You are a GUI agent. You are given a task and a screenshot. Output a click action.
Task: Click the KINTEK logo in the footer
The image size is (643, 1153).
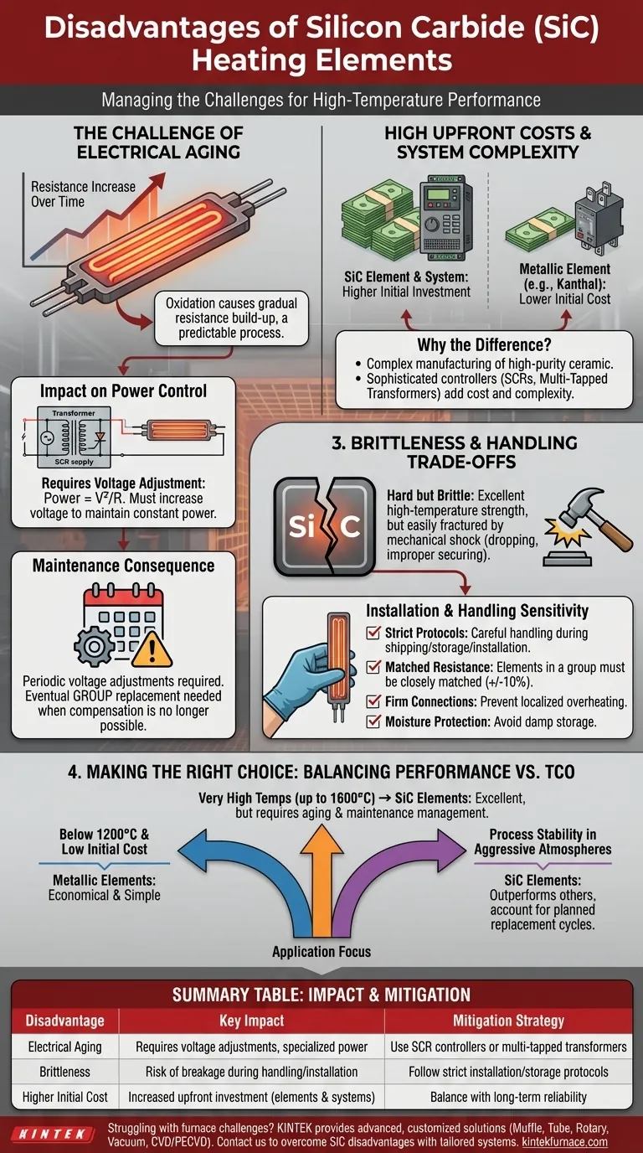coord(53,1135)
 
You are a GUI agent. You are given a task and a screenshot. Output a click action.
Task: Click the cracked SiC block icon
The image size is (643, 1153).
coord(325,526)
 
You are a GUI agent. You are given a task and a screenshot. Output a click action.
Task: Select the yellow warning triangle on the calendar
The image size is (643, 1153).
coord(152,649)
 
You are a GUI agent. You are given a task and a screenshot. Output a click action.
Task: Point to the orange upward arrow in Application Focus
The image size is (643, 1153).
coord(321,880)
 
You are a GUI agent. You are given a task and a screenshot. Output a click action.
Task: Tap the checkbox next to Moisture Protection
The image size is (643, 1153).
coord(373,721)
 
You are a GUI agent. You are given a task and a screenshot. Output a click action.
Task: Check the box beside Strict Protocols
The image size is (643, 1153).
coord(373,632)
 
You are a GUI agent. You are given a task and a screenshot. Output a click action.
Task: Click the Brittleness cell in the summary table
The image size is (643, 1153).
coord(64,1072)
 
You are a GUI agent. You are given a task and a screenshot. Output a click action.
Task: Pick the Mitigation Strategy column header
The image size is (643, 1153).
coord(508,1021)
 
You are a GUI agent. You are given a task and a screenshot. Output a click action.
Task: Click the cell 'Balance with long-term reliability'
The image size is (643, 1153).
coord(508,1097)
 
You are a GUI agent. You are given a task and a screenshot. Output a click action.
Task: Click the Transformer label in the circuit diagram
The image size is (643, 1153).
coord(74,413)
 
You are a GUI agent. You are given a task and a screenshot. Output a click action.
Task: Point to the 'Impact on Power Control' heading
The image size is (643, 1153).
coord(123,391)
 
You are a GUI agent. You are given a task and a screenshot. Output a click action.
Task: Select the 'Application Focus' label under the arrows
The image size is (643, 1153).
coord(321,952)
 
